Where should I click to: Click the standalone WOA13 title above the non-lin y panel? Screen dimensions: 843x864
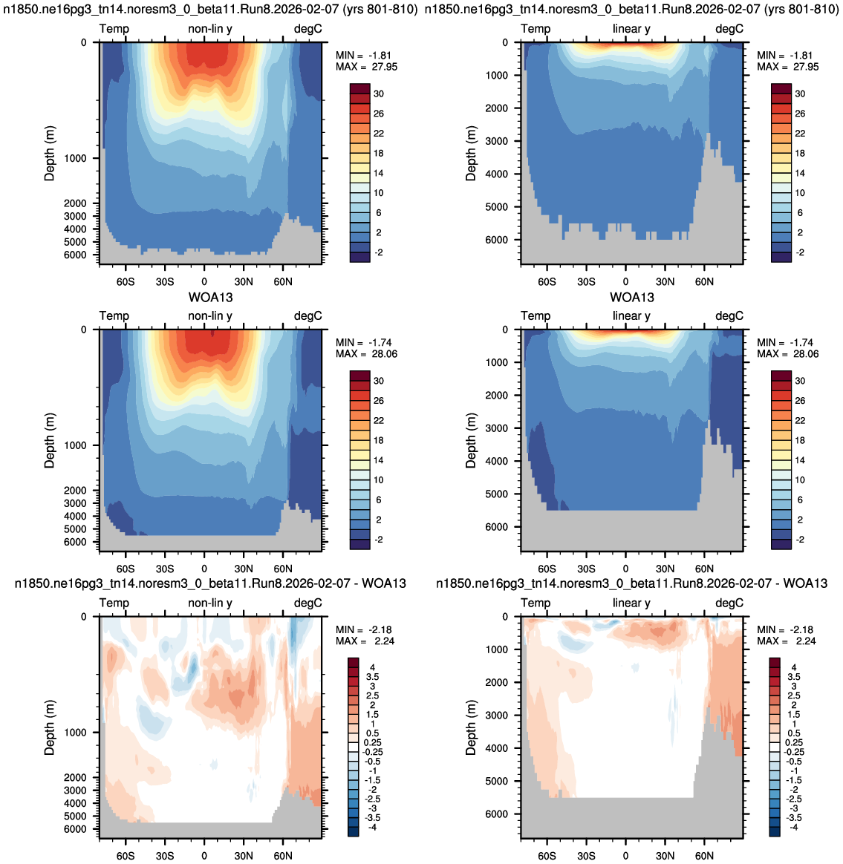coord(211,298)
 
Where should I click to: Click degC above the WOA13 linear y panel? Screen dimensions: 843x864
coord(729,315)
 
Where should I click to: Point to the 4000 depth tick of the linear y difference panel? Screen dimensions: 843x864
coord(497,748)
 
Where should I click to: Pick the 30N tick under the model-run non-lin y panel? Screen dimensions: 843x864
coord(243,281)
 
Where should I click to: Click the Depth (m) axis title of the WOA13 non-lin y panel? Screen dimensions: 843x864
coord(50,440)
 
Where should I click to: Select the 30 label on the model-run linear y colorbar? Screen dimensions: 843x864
coord(800,94)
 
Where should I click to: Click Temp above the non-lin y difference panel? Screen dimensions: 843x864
coord(114,603)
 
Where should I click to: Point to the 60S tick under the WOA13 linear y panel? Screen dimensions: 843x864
coord(547,569)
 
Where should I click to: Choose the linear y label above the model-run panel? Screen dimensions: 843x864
coord(631,29)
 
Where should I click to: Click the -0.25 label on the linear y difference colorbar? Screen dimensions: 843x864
coord(794,752)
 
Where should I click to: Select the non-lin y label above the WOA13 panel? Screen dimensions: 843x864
coord(210,315)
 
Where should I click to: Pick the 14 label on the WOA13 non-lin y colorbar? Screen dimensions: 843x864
coord(378,460)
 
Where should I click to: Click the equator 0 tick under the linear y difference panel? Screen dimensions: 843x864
coord(625,856)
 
